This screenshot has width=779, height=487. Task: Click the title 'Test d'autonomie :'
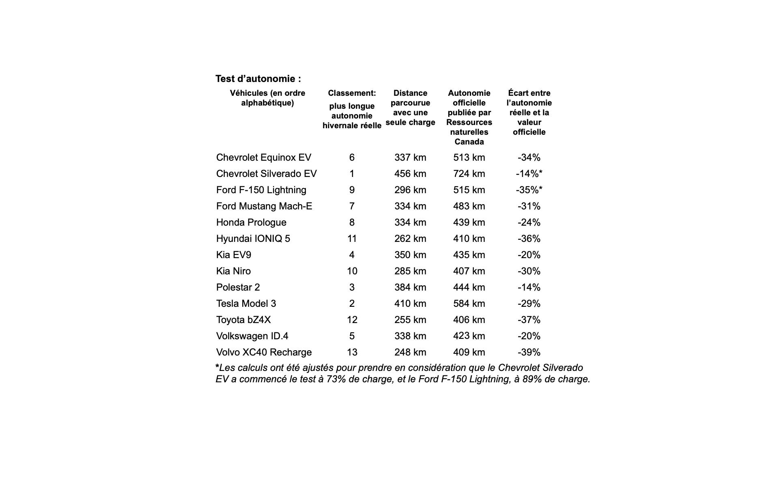point(258,79)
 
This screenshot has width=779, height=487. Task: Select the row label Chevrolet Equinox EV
point(264,157)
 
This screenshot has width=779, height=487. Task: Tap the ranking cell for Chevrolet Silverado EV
point(352,174)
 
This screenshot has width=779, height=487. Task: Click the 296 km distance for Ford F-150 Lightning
point(410,190)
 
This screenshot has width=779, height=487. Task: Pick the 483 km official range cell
point(469,206)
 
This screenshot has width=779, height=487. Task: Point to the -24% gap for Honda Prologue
point(529,222)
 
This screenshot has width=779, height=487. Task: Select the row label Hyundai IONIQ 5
point(253,239)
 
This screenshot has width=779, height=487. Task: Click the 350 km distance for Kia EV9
point(410,255)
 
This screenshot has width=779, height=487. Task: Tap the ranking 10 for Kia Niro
point(352,271)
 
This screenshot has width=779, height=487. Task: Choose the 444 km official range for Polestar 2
point(469,287)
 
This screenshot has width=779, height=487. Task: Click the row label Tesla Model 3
point(246,304)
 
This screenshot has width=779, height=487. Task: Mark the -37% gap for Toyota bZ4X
point(529,320)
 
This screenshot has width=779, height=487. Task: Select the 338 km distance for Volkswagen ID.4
point(410,336)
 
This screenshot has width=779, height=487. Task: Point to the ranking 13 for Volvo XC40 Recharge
point(352,352)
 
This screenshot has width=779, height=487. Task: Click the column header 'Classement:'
point(352,93)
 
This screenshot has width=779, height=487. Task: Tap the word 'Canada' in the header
point(469,142)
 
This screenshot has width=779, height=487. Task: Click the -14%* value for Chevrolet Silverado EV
point(529,174)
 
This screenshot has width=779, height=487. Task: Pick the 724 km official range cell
point(469,174)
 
